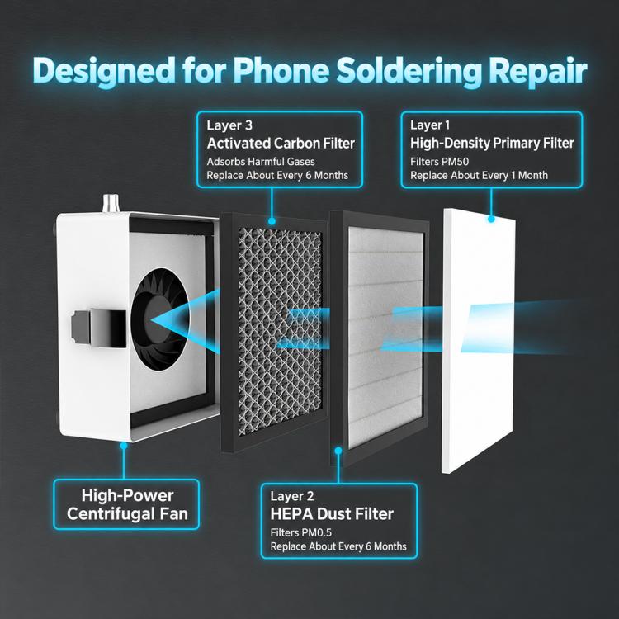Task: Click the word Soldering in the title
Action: click(x=409, y=72)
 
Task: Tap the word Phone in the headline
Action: click(x=281, y=71)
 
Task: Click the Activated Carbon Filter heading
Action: click(x=281, y=144)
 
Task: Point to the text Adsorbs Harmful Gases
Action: click(x=261, y=162)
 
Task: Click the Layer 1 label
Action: click(x=430, y=125)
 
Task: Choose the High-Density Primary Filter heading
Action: click(x=492, y=144)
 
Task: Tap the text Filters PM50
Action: click(x=439, y=162)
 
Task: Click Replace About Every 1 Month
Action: click(x=479, y=175)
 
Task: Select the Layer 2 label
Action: click(x=291, y=496)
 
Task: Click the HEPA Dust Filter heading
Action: click(x=332, y=514)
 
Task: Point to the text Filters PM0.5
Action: click(x=300, y=533)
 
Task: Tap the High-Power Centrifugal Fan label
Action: click(x=127, y=504)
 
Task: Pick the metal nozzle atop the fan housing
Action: click(x=111, y=204)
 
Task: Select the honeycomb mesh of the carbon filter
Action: click(x=280, y=332)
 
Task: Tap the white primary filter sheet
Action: click(x=479, y=340)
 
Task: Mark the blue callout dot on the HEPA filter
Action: click(x=338, y=451)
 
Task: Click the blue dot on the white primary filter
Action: click(x=491, y=219)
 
